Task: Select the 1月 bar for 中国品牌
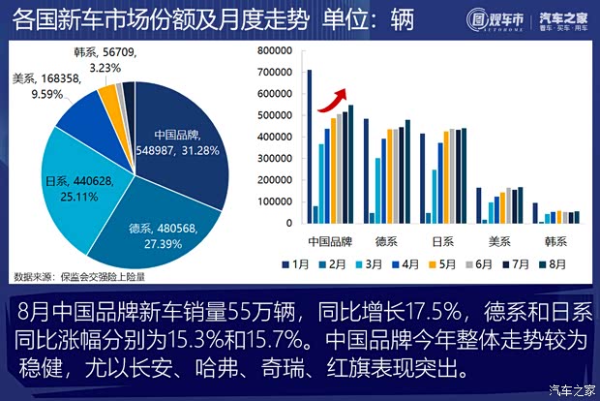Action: click(310, 145)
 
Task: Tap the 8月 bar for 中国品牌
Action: click(352, 165)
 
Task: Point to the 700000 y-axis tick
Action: click(277, 73)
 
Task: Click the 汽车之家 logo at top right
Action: click(562, 20)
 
